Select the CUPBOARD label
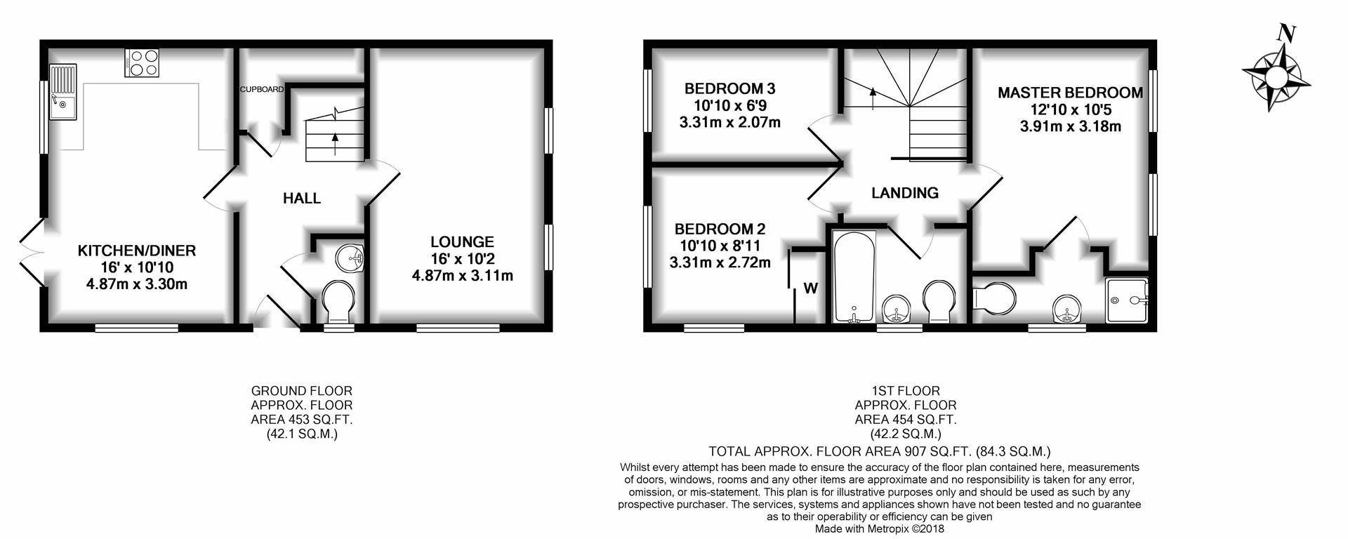point(262,89)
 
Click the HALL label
point(302,199)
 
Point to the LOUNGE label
point(462,242)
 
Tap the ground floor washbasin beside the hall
point(349,258)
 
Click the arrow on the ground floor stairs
point(334,144)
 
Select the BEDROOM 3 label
point(729,88)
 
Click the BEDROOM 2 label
point(720,229)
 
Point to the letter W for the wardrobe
point(811,288)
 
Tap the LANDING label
point(905,193)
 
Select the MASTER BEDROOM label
point(1070,93)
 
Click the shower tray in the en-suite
point(1127,300)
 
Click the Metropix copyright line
point(880,529)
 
